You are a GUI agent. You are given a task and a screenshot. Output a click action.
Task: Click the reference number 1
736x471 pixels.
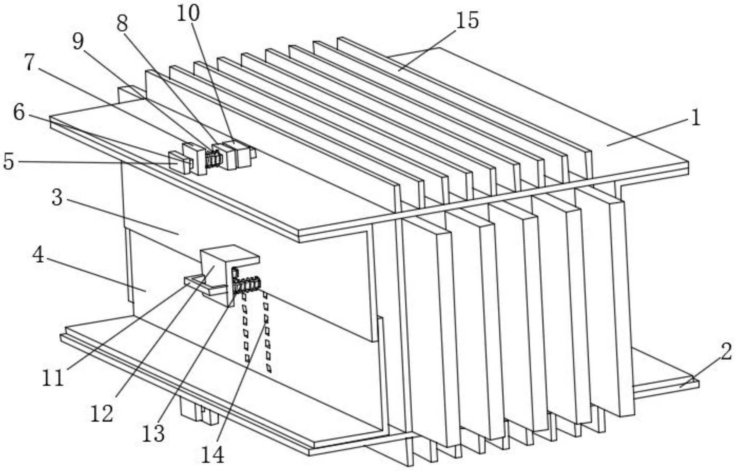click(696, 118)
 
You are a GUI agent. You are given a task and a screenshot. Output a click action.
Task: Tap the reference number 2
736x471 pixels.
click(726, 351)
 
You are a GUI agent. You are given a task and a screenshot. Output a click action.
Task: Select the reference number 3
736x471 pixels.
click(57, 198)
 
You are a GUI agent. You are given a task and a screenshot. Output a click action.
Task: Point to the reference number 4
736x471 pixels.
click(38, 255)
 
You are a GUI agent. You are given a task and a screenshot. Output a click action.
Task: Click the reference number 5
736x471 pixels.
click(8, 162)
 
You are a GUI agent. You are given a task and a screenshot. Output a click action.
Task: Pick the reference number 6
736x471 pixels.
click(19, 113)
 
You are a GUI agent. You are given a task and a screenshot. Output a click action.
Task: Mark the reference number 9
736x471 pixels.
click(78, 41)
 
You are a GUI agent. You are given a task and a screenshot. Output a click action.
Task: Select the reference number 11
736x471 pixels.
click(53, 378)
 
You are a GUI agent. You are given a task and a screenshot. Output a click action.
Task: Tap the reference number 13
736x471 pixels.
click(154, 433)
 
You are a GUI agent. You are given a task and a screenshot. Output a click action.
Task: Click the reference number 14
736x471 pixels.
click(213, 455)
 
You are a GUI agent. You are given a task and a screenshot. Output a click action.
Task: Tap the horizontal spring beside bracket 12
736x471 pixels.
click(247, 285)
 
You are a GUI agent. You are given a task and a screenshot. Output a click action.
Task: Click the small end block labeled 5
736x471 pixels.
click(180, 162)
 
